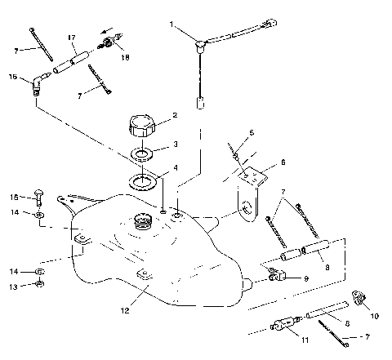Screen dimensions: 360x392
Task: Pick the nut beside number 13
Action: pos(40,285)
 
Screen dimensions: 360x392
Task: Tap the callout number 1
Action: pos(171,25)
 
